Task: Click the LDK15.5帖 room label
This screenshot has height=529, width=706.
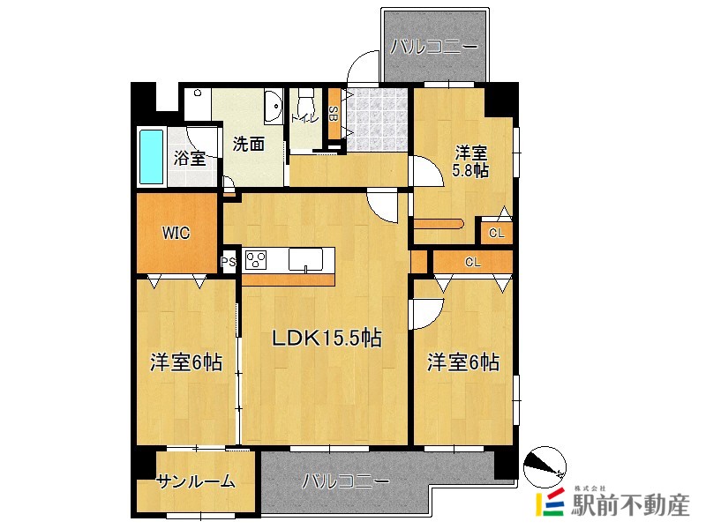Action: [326, 338]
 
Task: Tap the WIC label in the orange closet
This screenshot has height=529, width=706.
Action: [176, 233]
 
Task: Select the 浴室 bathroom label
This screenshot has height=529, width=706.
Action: [190, 159]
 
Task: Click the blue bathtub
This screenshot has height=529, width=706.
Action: [152, 157]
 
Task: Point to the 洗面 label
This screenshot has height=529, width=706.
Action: [249, 145]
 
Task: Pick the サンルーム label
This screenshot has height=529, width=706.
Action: [196, 481]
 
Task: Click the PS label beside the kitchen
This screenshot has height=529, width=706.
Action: [228, 261]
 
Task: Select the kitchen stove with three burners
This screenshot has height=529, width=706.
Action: [257, 259]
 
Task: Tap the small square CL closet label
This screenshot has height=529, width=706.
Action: [496, 233]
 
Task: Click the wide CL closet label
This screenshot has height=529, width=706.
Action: [472, 262]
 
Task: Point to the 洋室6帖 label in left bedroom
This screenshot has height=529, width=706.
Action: [185, 362]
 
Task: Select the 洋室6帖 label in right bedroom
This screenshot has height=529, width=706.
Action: [463, 362]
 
